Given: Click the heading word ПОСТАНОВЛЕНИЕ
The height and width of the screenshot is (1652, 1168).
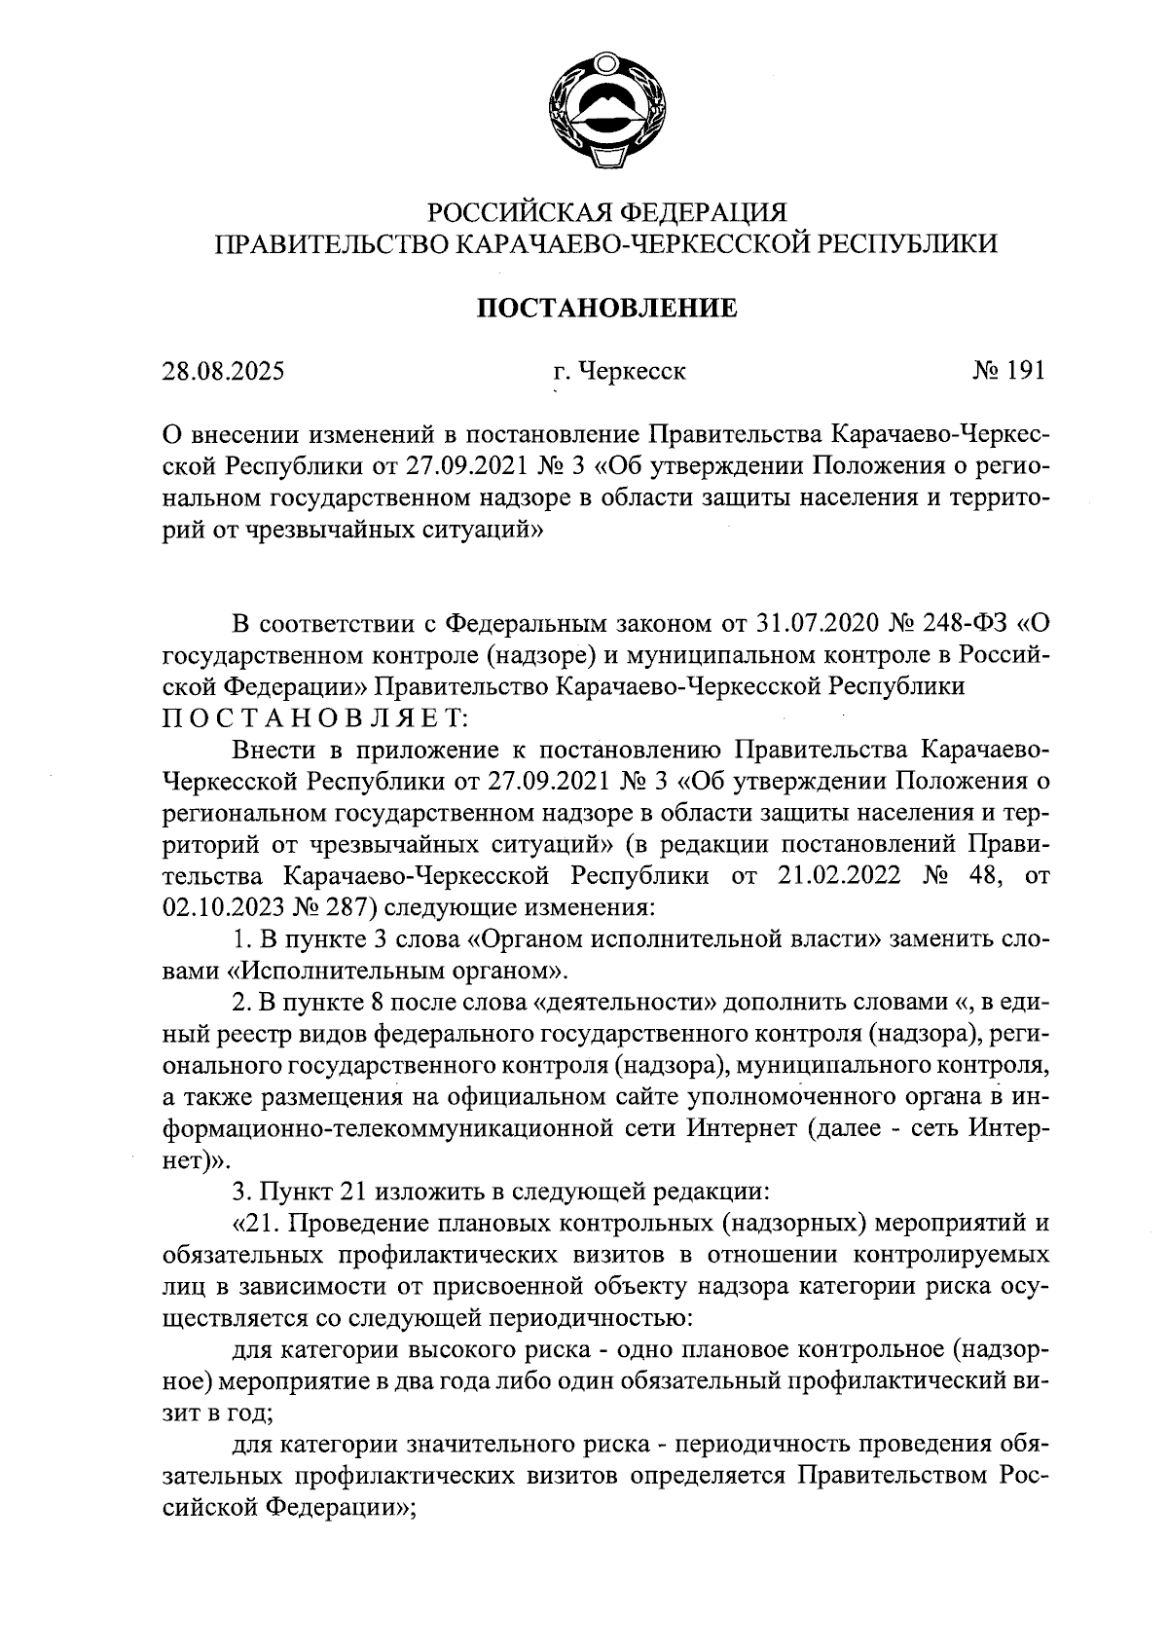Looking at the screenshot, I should click(x=605, y=309).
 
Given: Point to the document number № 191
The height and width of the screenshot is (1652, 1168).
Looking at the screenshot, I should click(x=1007, y=371).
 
